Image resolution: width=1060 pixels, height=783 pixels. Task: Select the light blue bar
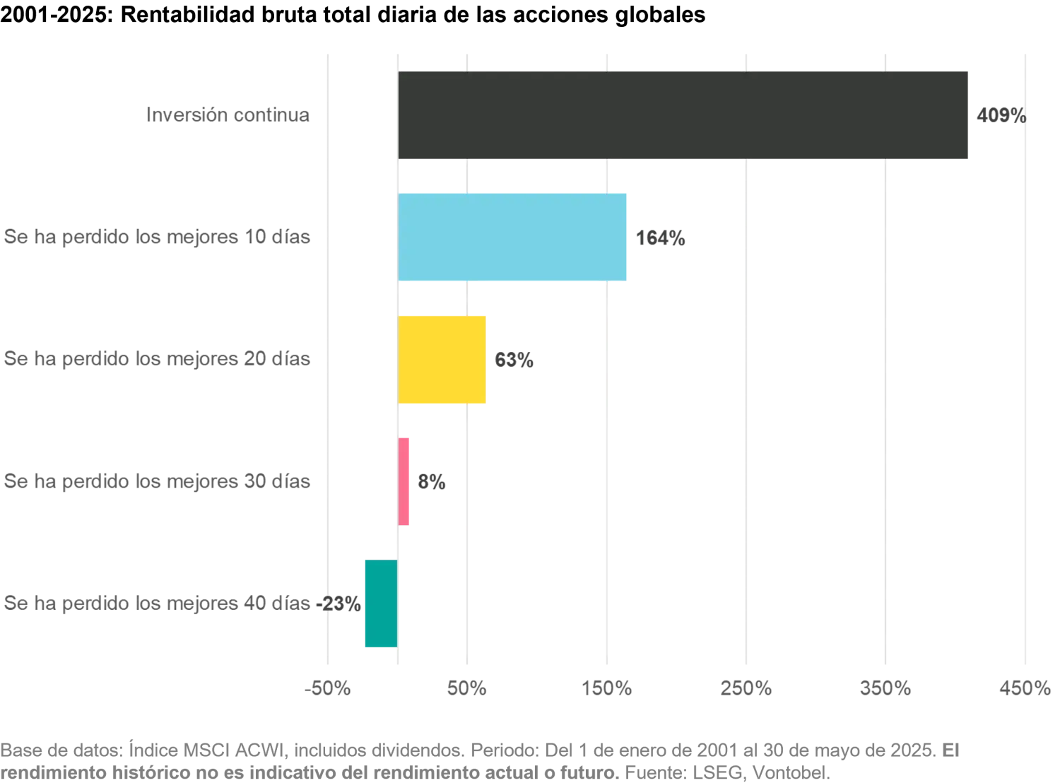click(x=512, y=237)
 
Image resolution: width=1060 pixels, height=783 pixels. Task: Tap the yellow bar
click(x=442, y=360)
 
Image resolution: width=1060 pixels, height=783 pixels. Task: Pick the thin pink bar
click(x=405, y=481)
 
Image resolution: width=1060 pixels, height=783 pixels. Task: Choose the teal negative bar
click(x=380, y=604)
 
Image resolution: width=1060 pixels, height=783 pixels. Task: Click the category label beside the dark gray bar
click(x=229, y=114)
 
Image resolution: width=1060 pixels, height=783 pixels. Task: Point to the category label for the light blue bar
click(x=155, y=239)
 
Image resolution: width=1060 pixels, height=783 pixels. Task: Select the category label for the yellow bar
click(x=155, y=360)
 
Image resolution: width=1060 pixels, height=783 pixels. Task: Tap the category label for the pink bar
click(x=155, y=482)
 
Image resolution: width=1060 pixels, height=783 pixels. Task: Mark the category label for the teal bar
click(x=155, y=604)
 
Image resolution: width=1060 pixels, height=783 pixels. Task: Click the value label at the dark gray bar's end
click(x=1001, y=114)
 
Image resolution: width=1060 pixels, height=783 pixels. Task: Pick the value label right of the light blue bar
click(x=662, y=239)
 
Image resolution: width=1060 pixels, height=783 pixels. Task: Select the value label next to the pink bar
click(x=432, y=482)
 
